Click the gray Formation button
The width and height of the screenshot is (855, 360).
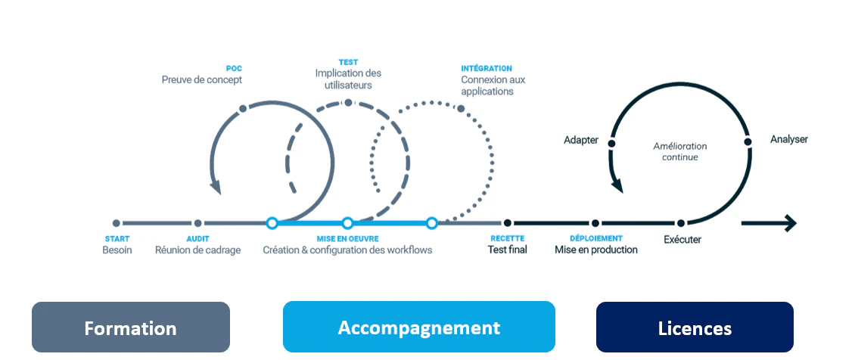(131, 327)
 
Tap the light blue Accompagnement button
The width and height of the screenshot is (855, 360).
(418, 327)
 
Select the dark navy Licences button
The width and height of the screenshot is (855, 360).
(695, 327)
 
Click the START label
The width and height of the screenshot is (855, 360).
(117, 238)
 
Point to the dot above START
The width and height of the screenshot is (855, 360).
(117, 223)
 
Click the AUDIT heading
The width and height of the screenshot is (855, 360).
(197, 238)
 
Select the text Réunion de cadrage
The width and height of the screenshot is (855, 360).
(198, 250)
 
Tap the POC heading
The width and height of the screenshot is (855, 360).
(234, 69)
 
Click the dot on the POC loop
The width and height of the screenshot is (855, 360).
(243, 108)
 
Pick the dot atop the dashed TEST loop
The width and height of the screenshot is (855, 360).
(348, 102)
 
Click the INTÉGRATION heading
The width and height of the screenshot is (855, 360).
(487, 69)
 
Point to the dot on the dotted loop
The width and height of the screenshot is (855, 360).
(461, 108)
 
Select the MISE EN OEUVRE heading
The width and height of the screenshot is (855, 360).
(347, 238)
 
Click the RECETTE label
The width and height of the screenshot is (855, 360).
(507, 238)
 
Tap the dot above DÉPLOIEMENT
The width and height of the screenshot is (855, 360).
(595, 223)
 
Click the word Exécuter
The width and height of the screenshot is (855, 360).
(682, 239)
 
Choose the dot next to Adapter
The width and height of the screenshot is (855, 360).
(612, 144)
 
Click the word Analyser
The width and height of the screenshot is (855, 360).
(789, 139)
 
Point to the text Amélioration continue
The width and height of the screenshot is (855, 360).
(680, 151)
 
